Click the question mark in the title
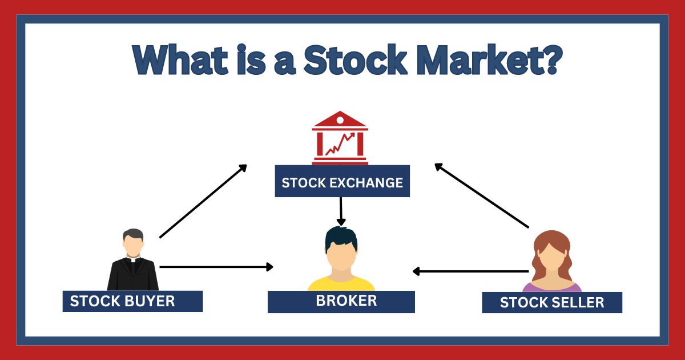(546, 58)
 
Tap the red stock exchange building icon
(340, 137)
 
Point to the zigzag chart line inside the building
(340, 144)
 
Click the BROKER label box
(341, 301)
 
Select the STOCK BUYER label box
(132, 301)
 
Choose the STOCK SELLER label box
(551, 302)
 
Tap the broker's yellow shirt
(341, 284)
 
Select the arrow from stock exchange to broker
(341, 211)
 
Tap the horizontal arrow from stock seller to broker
(470, 271)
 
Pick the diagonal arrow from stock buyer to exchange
(203, 201)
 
